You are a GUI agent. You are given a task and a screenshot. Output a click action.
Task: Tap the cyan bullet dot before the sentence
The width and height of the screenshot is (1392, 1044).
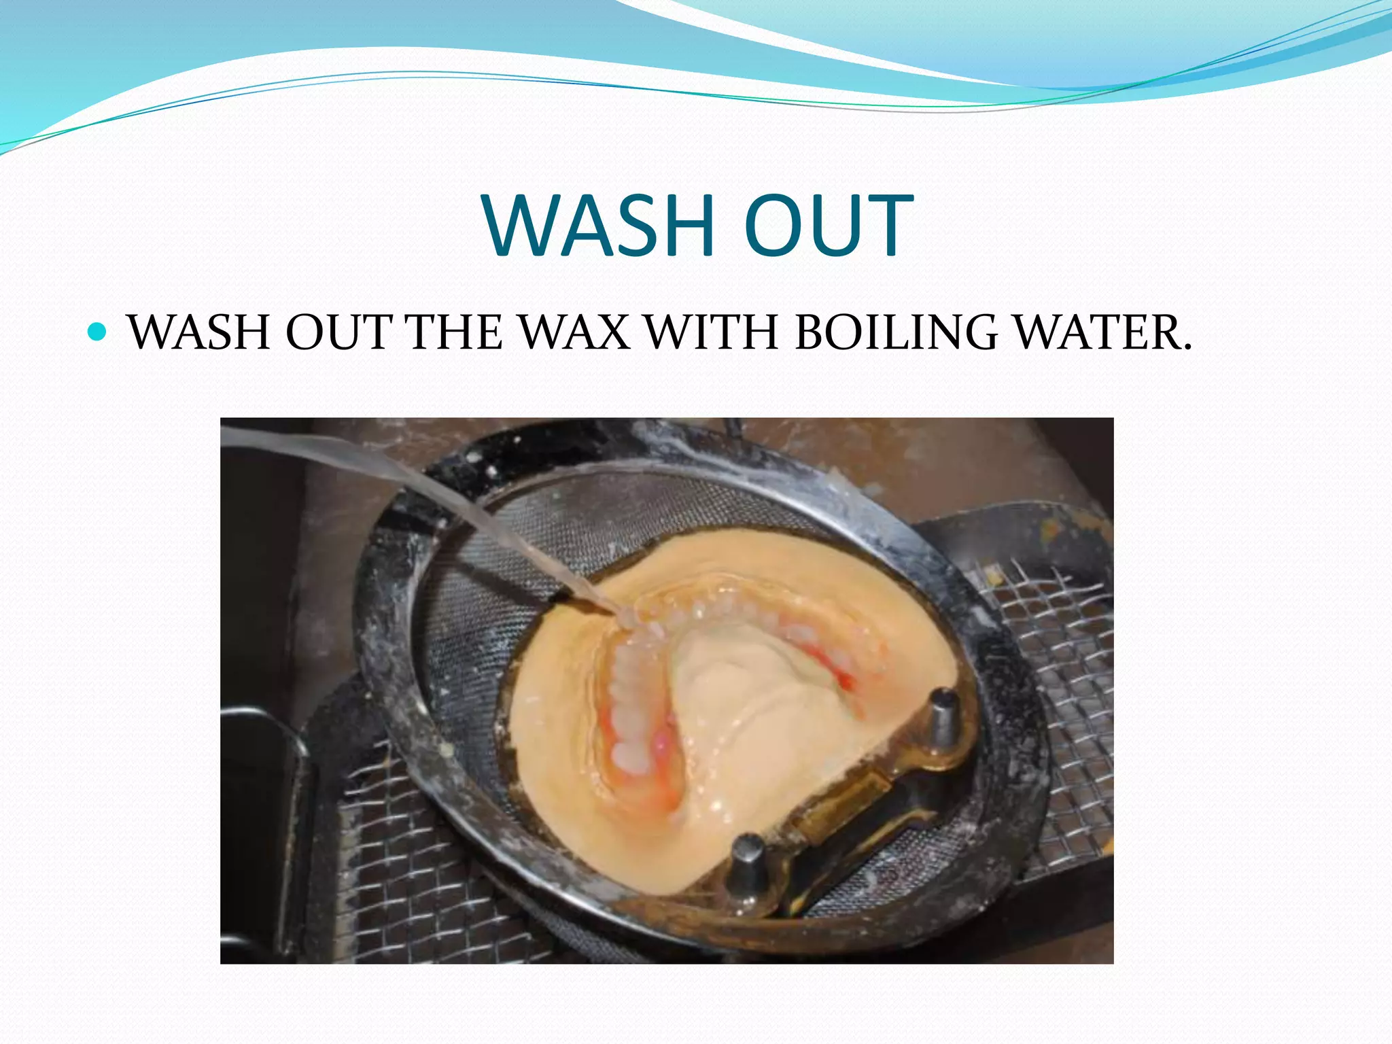click(98, 332)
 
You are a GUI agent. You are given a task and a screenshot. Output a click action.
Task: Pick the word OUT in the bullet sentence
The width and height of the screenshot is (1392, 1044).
click(338, 333)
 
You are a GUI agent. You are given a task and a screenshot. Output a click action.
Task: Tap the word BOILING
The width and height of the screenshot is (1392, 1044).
click(896, 333)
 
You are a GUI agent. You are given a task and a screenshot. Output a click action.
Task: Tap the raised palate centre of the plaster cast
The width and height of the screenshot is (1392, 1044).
click(741, 686)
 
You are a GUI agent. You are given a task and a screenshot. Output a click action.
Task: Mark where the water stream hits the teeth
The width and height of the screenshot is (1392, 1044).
click(629, 622)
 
